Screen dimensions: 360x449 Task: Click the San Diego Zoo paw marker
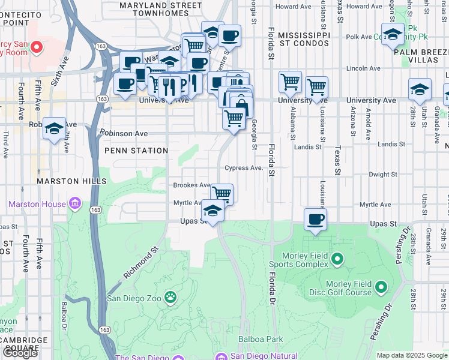click(x=171, y=297)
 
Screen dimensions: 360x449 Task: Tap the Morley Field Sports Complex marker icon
click(x=337, y=259)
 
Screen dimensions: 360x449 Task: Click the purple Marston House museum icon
click(x=75, y=204)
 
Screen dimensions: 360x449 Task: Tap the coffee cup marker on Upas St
click(x=315, y=220)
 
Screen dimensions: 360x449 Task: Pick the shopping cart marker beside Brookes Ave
click(x=221, y=194)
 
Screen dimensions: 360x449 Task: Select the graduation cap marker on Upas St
click(x=212, y=211)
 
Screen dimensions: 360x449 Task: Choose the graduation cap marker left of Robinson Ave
click(x=54, y=129)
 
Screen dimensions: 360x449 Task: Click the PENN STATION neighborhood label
click(x=137, y=151)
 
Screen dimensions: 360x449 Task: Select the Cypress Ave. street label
click(x=244, y=168)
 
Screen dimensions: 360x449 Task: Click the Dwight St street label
click(x=381, y=175)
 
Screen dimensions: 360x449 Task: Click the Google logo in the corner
click(x=20, y=352)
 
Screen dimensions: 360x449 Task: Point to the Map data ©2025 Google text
click(x=412, y=355)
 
